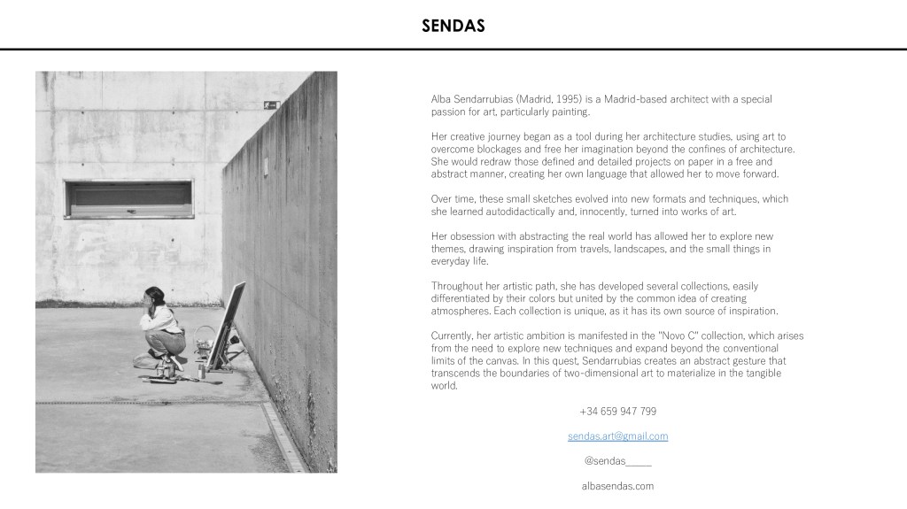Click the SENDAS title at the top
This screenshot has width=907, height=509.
click(x=453, y=26)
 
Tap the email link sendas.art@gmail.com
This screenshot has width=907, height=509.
click(x=617, y=436)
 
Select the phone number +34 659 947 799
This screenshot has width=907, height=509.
click(x=617, y=412)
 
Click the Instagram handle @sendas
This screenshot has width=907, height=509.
click(x=617, y=461)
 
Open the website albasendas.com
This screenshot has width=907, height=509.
click(x=617, y=486)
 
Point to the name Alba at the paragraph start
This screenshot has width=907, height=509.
click(x=441, y=100)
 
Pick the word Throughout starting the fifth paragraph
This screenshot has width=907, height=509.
click(x=458, y=287)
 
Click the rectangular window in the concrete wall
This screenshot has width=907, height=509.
click(x=128, y=198)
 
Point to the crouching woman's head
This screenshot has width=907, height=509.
click(x=155, y=295)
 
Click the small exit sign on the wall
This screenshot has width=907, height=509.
click(x=271, y=105)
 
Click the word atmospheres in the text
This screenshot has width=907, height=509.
click(x=462, y=312)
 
